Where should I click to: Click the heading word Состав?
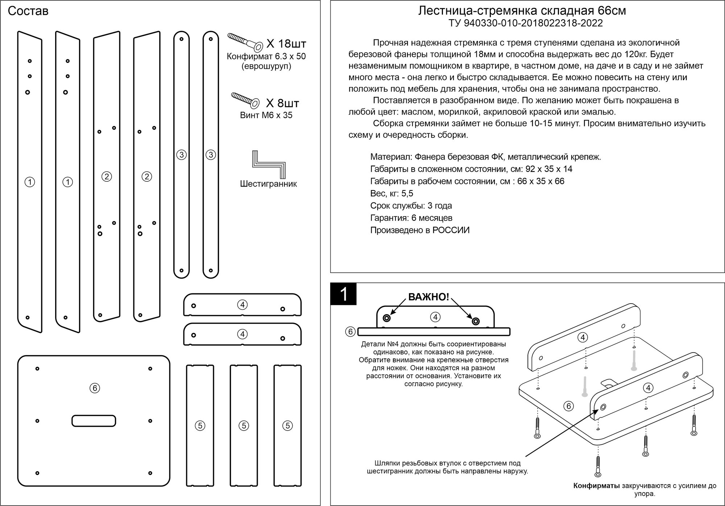[28, 12]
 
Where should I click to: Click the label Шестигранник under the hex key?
[268, 184]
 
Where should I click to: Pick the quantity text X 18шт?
[286, 44]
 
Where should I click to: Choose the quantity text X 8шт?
[283, 103]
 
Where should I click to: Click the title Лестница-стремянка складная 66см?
[522, 11]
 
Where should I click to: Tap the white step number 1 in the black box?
[344, 294]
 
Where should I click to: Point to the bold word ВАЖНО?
[429, 297]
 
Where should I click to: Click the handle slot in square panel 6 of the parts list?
[94, 421]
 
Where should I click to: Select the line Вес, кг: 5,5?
[391, 193]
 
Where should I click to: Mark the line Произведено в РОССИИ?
[420, 230]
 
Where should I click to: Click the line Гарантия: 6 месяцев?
[411, 218]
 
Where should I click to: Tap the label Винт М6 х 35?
[266, 115]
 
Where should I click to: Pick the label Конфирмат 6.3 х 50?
[266, 57]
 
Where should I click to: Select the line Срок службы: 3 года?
[411, 206]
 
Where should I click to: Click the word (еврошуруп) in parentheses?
[266, 67]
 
